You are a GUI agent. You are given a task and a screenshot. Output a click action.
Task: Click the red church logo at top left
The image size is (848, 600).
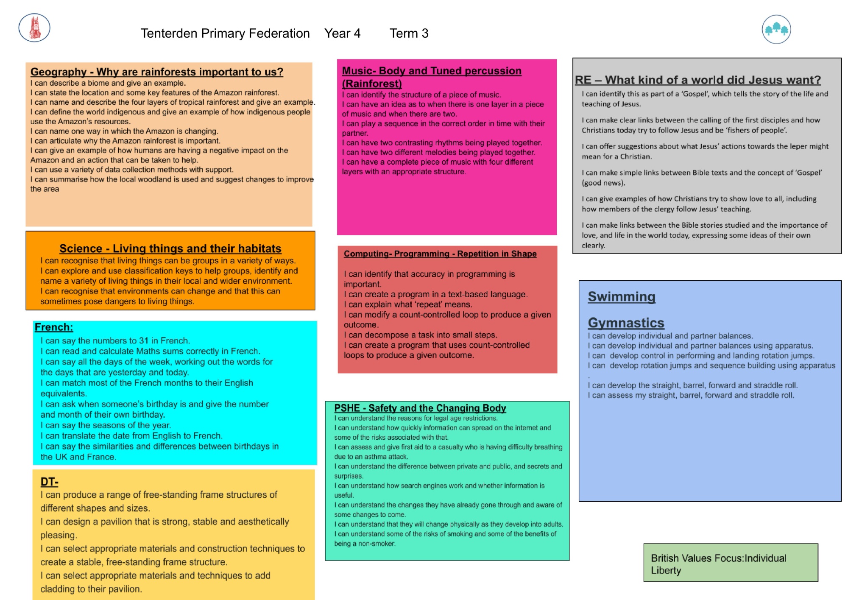point(34,28)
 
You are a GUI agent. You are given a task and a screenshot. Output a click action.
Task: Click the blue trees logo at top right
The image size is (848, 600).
point(776,29)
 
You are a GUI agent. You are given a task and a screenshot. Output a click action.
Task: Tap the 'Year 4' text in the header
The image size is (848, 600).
point(342,33)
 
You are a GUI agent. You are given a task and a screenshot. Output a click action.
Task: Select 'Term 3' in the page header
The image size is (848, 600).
point(409,33)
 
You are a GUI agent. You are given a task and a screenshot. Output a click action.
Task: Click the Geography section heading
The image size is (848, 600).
point(157,72)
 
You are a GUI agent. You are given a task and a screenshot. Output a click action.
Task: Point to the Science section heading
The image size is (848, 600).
point(170,248)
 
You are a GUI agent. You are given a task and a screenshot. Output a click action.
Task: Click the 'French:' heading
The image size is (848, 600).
point(54,327)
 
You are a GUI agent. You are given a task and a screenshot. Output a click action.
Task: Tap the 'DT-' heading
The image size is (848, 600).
point(49,482)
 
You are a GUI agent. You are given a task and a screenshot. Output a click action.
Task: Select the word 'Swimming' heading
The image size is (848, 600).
point(622,297)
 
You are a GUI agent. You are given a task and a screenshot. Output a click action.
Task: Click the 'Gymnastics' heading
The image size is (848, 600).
point(626,323)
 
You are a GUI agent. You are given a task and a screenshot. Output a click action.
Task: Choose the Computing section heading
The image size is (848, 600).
point(440,254)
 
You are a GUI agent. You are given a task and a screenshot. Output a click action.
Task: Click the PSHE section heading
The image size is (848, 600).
point(420,408)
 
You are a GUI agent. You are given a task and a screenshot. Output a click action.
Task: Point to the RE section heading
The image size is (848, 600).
point(698,80)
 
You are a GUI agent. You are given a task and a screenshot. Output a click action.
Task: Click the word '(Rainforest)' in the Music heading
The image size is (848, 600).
point(372,84)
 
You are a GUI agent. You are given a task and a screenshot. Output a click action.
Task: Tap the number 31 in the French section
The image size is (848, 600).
point(144,340)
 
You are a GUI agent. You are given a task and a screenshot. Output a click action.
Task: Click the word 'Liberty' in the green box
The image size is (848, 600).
point(666,571)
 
